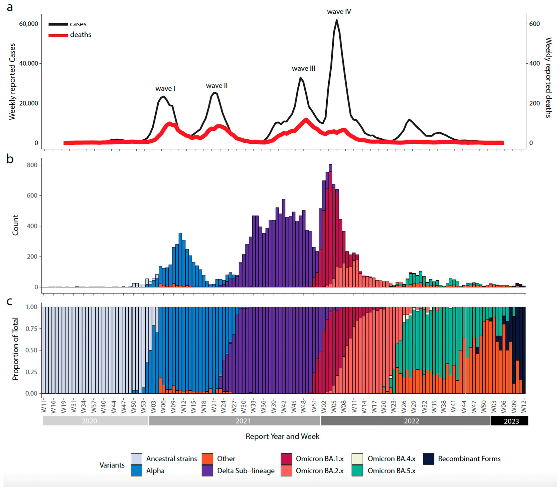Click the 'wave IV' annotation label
pos(339,12)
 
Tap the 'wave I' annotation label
pos(165,89)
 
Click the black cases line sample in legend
pos(58,24)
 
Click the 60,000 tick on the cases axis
pos(29,24)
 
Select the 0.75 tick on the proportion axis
pos(31,328)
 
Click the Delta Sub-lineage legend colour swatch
pos(207,471)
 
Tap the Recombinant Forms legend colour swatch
pos(428,459)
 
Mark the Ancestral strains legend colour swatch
pos(136,459)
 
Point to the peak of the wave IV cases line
pos(337,20)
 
